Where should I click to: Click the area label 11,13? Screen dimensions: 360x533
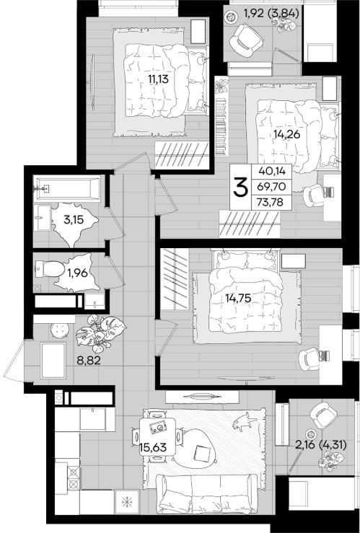coord(158,79)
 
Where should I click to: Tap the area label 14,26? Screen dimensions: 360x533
coord(286,134)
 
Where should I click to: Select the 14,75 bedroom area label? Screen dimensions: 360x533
coord(238,298)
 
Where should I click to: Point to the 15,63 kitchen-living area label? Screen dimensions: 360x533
coord(153,447)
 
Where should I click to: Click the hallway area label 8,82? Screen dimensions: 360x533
coord(89,361)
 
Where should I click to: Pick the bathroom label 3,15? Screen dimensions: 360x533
coord(74,219)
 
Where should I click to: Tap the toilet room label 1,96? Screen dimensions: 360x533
coord(77,273)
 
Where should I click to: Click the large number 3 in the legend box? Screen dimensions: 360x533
coord(240,188)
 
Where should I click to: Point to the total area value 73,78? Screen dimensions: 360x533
coord(271,203)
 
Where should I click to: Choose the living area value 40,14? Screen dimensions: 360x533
coord(271,171)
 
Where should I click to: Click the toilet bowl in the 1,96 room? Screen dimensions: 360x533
coord(50,269)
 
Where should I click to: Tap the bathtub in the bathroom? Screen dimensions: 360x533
coord(67,188)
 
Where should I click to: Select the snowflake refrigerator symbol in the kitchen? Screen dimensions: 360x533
coord(127,502)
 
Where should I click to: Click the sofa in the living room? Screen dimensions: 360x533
coord(206,493)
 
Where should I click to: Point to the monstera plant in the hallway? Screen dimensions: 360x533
coord(100,333)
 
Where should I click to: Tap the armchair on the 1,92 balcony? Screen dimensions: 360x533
coord(246,40)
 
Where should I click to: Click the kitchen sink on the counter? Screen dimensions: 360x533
coord(92,419)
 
